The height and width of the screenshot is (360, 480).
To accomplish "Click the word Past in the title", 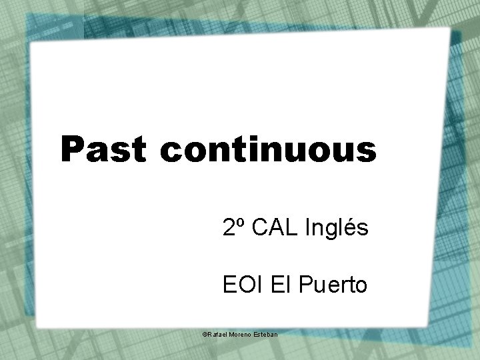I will [x=104, y=149].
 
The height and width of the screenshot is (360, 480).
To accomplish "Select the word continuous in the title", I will [x=268, y=149].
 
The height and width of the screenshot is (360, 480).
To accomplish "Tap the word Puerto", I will [x=330, y=286].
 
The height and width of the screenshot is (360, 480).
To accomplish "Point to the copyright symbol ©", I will [x=205, y=332].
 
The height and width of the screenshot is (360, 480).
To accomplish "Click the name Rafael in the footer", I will [x=217, y=332].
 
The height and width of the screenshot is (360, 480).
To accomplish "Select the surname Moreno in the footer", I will [x=241, y=332].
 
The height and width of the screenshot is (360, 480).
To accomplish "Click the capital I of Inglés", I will [x=308, y=229].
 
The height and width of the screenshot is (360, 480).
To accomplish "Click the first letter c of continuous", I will [x=171, y=150].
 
